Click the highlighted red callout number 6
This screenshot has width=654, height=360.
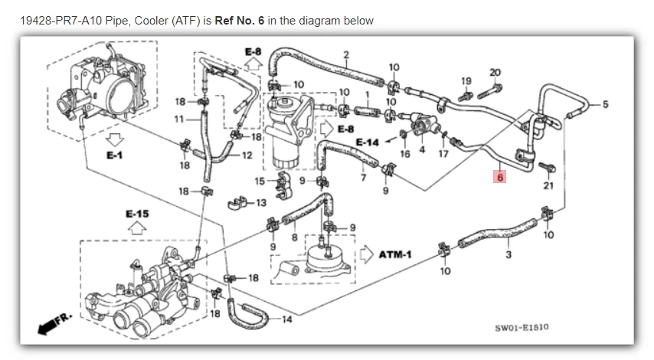click(500, 177)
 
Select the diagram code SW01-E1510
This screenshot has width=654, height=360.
click(522, 327)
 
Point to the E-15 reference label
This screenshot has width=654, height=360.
click(138, 212)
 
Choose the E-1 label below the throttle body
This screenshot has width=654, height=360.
click(115, 155)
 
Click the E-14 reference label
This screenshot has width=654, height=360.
click(368, 142)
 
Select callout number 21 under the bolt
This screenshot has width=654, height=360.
click(548, 185)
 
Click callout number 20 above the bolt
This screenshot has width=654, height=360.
click(494, 73)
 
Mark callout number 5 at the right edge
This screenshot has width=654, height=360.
click(605, 104)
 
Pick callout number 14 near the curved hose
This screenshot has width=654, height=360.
click(286, 319)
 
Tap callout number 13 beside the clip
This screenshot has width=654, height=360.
click(261, 203)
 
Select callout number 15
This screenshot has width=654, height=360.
click(259, 182)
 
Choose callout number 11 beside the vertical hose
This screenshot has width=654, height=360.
click(179, 119)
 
